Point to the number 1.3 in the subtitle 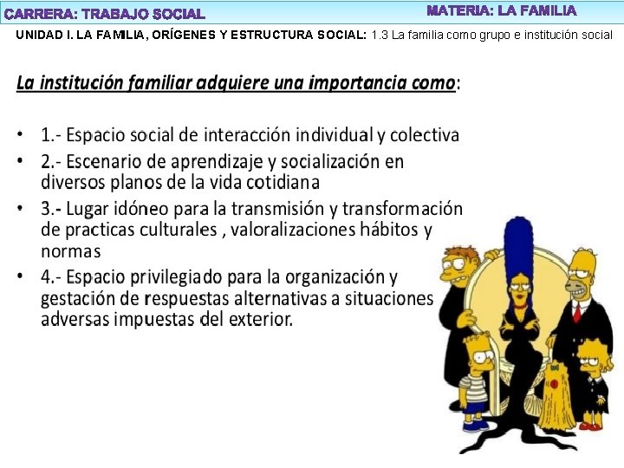[380, 36]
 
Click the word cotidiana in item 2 [283, 182]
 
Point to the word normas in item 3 [70, 251]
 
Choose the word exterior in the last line [259, 319]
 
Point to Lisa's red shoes [590, 425]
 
